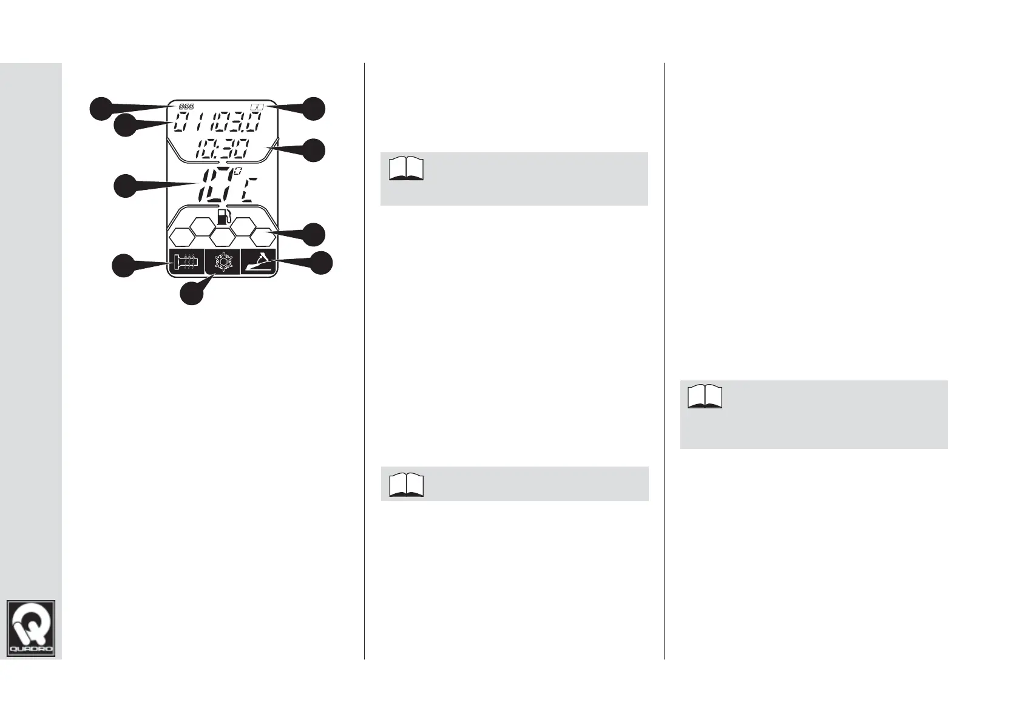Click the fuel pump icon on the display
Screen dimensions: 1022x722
(x=224, y=217)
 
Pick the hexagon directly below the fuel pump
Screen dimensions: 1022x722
(x=223, y=237)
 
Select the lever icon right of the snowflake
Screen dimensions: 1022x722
(x=259, y=262)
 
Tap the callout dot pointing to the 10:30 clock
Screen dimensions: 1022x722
(x=314, y=150)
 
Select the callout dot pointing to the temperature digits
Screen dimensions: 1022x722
(x=125, y=186)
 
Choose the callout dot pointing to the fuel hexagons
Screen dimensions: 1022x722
(x=314, y=234)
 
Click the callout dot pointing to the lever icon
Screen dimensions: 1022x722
(x=322, y=263)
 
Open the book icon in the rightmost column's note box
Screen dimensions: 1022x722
(x=705, y=397)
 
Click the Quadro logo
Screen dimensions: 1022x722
(x=31, y=628)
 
